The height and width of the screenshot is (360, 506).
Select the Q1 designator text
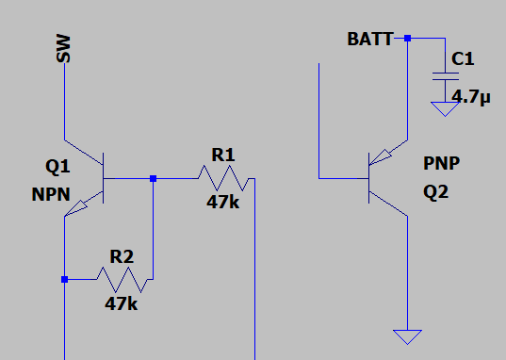[57, 167]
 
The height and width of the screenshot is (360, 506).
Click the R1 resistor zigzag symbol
[223, 177]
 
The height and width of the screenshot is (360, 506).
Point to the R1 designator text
[222, 154]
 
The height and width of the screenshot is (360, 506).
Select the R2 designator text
[122, 255]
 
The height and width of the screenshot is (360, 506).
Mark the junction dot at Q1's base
[153, 177]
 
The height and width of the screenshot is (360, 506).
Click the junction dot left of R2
[64, 279]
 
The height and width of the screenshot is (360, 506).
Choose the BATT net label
[370, 40]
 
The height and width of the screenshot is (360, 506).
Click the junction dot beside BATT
[407, 39]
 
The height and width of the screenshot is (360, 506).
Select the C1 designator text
[463, 59]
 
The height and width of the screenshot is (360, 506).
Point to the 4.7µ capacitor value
[471, 96]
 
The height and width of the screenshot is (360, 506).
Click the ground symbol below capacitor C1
[441, 108]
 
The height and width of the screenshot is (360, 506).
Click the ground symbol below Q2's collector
[407, 336]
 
